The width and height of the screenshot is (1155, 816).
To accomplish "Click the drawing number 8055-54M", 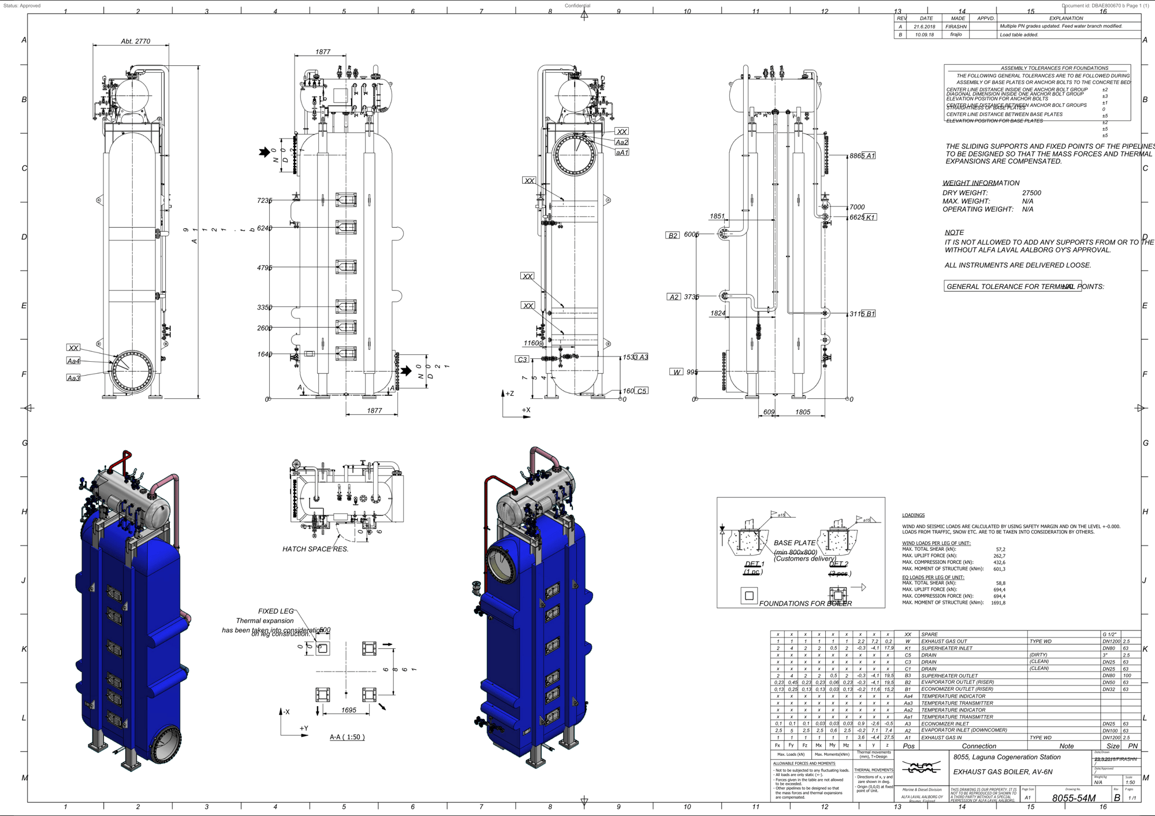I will pos(1073,798).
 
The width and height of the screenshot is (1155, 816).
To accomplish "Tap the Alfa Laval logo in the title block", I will pos(922,767).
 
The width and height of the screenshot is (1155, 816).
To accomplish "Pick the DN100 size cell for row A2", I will pos(1110,730).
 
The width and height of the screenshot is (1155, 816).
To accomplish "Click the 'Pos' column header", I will pos(908,746).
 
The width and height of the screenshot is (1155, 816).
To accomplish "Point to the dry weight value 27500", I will pos(1031,193).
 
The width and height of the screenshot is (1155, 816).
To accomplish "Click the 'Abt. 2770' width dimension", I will pos(135,41).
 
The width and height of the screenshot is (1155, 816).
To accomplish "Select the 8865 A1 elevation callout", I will pos(862,156).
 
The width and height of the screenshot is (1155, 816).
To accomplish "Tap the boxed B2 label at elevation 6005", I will pos(673,235).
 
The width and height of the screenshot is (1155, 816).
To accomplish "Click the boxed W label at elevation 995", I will pos(676,372).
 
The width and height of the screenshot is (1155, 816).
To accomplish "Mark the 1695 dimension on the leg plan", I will pos(348,710).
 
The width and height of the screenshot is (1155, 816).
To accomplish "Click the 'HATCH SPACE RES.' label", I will pos(315,549).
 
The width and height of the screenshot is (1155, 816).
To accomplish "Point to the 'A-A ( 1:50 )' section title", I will pos(347,737).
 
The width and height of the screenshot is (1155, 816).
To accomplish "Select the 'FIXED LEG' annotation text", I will pos(275,611).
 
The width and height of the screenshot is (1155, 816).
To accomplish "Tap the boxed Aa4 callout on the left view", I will pos(73,361).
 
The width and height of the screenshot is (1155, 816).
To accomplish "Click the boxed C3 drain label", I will pos(522,359).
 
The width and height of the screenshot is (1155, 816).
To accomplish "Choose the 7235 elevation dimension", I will pos(264,201).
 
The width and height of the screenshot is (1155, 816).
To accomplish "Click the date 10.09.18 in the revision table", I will pos(924,35).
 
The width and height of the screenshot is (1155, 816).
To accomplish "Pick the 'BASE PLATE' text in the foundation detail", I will pos(794,543).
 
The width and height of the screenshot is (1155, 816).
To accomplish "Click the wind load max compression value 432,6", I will pos(999,562).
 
